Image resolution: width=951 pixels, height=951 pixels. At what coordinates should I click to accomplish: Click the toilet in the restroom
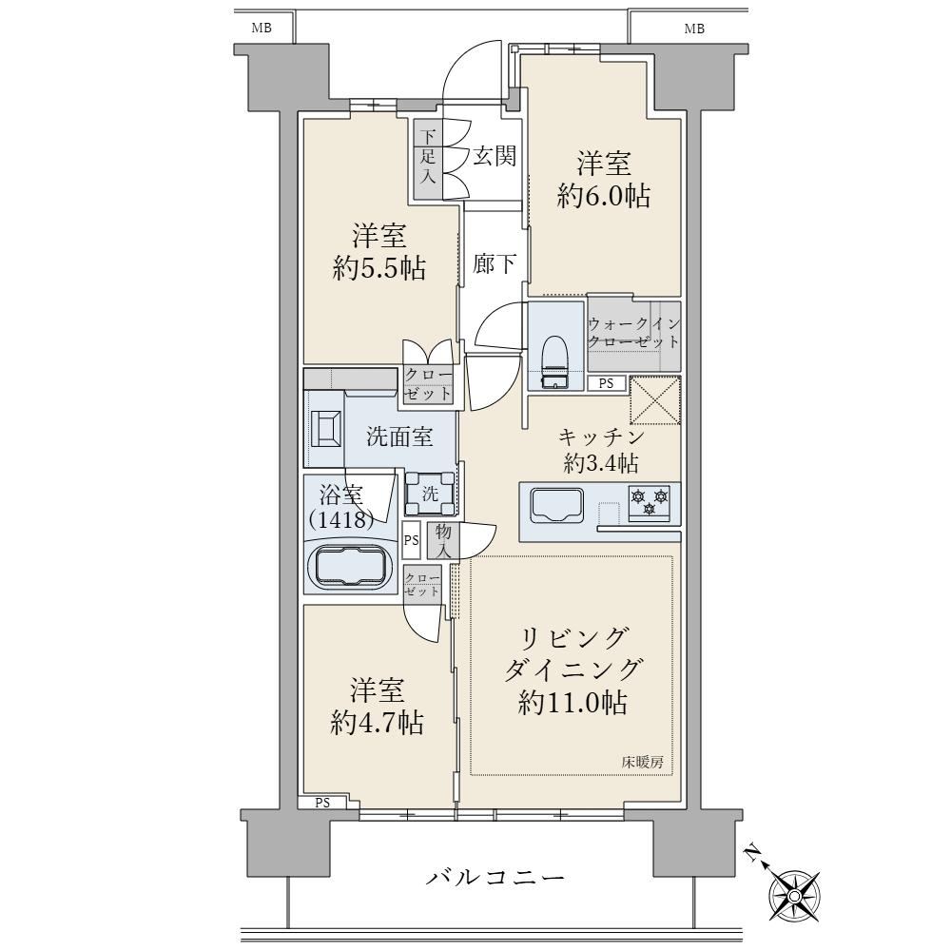[553, 362]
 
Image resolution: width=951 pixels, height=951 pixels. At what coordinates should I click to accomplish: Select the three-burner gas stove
[650, 503]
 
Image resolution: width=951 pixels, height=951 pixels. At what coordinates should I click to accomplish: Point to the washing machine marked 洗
[430, 493]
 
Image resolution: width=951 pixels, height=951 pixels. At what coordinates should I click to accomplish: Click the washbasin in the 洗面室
[325, 429]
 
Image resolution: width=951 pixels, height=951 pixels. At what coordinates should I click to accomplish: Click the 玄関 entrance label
[495, 157]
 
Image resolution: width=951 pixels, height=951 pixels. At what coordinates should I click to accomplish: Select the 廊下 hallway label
[495, 263]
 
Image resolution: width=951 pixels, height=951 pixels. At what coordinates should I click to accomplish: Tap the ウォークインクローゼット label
[633, 333]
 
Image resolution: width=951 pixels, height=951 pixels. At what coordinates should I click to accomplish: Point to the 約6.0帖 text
[604, 197]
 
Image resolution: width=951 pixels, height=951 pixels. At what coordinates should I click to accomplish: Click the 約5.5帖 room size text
[379, 267]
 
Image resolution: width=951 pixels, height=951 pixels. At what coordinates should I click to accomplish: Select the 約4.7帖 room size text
[377, 723]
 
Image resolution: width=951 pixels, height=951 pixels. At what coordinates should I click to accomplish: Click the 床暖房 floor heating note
[642, 763]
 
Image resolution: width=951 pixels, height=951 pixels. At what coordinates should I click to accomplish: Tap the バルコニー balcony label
[495, 877]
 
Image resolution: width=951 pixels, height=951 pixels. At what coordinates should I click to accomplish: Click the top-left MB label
[262, 28]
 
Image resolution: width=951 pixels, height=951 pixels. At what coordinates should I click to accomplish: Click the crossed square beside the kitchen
[655, 400]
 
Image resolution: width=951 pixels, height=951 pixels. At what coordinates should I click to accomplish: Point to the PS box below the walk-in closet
[606, 383]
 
